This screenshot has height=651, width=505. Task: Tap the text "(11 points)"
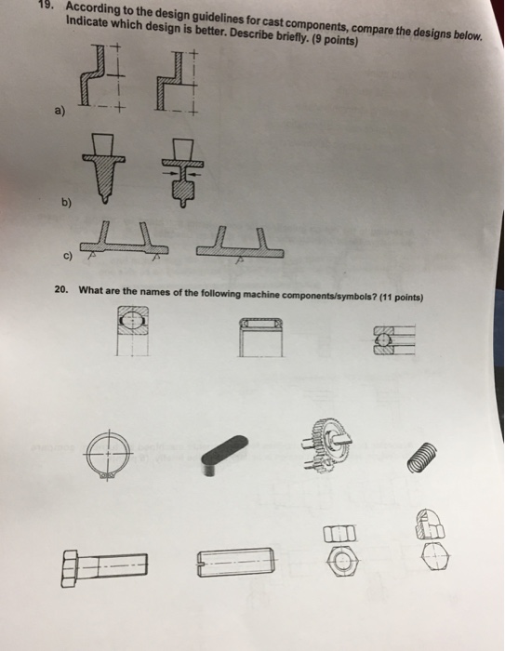tap(396, 298)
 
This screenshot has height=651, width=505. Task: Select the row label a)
tap(60, 114)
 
